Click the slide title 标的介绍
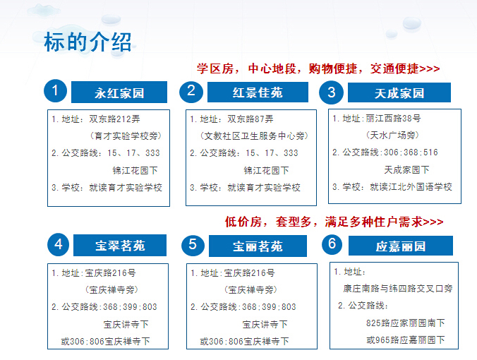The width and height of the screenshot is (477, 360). pyautogui.click(x=87, y=42)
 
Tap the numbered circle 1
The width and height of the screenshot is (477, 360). pyautogui.click(x=55, y=90)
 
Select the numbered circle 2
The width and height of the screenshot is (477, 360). pyautogui.click(x=191, y=92)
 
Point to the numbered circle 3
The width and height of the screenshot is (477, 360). pyautogui.click(x=331, y=92)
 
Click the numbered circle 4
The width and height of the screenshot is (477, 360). pyautogui.click(x=59, y=245)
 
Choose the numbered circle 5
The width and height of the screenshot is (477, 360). pyautogui.click(x=193, y=245)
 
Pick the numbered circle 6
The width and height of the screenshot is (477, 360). pyautogui.click(x=332, y=244)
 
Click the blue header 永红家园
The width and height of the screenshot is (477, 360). pyautogui.click(x=119, y=92)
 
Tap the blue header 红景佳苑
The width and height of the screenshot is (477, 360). pyautogui.click(x=258, y=92)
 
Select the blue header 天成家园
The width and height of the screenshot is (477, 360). pyautogui.click(x=399, y=92)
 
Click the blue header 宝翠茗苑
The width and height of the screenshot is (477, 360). pyautogui.click(x=120, y=245)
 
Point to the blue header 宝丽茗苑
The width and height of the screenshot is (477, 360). pyautogui.click(x=258, y=246)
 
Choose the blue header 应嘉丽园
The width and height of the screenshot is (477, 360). pyautogui.click(x=401, y=246)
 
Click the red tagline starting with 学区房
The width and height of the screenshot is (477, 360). pyautogui.click(x=318, y=68)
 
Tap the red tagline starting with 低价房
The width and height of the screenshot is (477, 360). pyautogui.click(x=334, y=222)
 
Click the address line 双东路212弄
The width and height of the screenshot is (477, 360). pyautogui.click(x=115, y=119)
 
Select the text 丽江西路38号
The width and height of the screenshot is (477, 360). pyautogui.click(x=393, y=118)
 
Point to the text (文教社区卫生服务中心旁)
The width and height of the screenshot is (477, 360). pyautogui.click(x=254, y=136)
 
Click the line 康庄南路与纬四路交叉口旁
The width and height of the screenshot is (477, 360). pyautogui.click(x=397, y=288)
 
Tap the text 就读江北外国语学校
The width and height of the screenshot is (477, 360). pyautogui.click(x=411, y=186)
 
